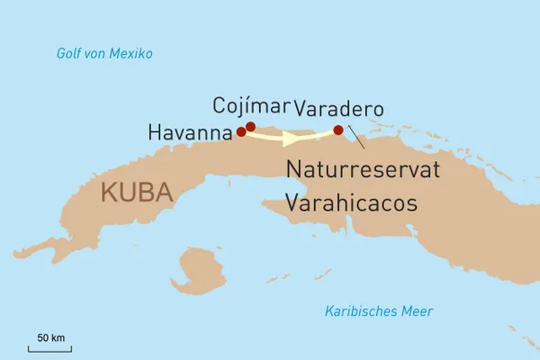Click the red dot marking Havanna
[240, 131]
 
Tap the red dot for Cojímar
[250, 127]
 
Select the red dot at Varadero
[337, 130]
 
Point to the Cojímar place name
[251, 106]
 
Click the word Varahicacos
[351, 203]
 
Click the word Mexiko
[131, 54]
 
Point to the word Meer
[418, 311]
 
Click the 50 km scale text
[50, 337]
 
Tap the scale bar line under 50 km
[50, 349]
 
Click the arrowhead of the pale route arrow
[291, 139]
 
